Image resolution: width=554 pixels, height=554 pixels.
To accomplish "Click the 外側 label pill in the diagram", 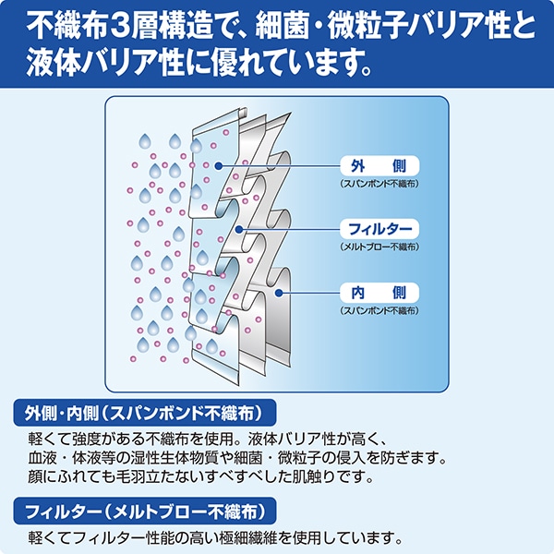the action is [x=379, y=165].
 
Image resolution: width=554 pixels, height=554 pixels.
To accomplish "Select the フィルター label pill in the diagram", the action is [x=379, y=229].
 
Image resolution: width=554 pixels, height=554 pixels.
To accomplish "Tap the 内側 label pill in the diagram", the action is [x=379, y=293].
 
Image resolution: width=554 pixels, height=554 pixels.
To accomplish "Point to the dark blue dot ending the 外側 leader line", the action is [x=219, y=165].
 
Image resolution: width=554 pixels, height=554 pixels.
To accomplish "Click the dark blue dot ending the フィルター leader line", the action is [x=239, y=229].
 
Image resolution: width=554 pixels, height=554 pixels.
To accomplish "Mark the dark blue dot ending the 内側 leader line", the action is [x=279, y=293].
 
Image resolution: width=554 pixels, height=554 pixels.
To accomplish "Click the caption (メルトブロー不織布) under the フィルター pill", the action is [x=379, y=247].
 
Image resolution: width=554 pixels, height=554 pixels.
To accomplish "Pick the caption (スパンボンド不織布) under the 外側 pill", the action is [x=379, y=184].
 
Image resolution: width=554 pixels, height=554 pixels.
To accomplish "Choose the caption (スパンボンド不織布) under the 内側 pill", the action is [x=379, y=310].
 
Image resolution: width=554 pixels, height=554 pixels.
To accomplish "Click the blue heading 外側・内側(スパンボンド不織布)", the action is [x=145, y=413].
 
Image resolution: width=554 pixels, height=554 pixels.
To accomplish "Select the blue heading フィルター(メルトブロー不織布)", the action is [x=145, y=511].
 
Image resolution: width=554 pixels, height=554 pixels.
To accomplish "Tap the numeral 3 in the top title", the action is [x=123, y=26].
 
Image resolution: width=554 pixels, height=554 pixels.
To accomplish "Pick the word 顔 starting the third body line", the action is [x=35, y=477].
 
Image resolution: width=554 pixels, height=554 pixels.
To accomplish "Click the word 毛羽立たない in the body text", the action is [x=161, y=477].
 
